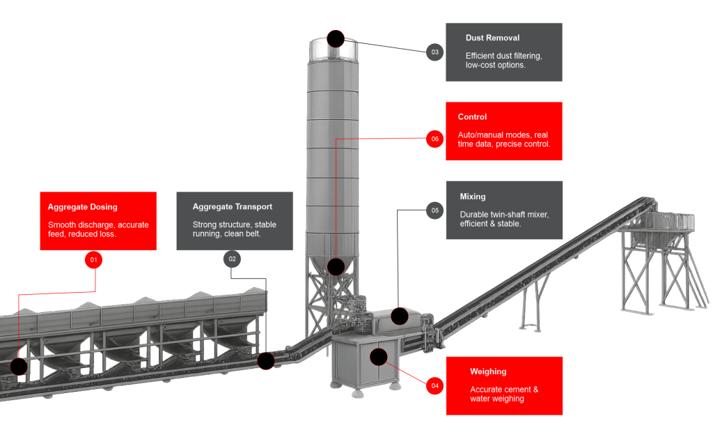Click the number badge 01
click(93, 260)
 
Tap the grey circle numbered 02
click(232, 259)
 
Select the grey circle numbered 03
click(434, 52)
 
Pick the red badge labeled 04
click(434, 385)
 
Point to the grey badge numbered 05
click(434, 210)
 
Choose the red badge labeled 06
click(434, 139)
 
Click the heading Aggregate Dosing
click(82, 207)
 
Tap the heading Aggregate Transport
click(232, 207)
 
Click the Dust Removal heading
click(492, 38)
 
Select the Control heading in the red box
click(472, 117)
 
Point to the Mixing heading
click(473, 197)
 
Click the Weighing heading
click(488, 371)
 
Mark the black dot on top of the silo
click(336, 38)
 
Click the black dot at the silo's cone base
click(336, 266)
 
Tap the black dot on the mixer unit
click(400, 316)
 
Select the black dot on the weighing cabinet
click(378, 358)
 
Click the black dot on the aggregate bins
click(19, 367)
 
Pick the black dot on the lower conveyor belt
click(265, 360)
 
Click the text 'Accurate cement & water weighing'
click(503, 394)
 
